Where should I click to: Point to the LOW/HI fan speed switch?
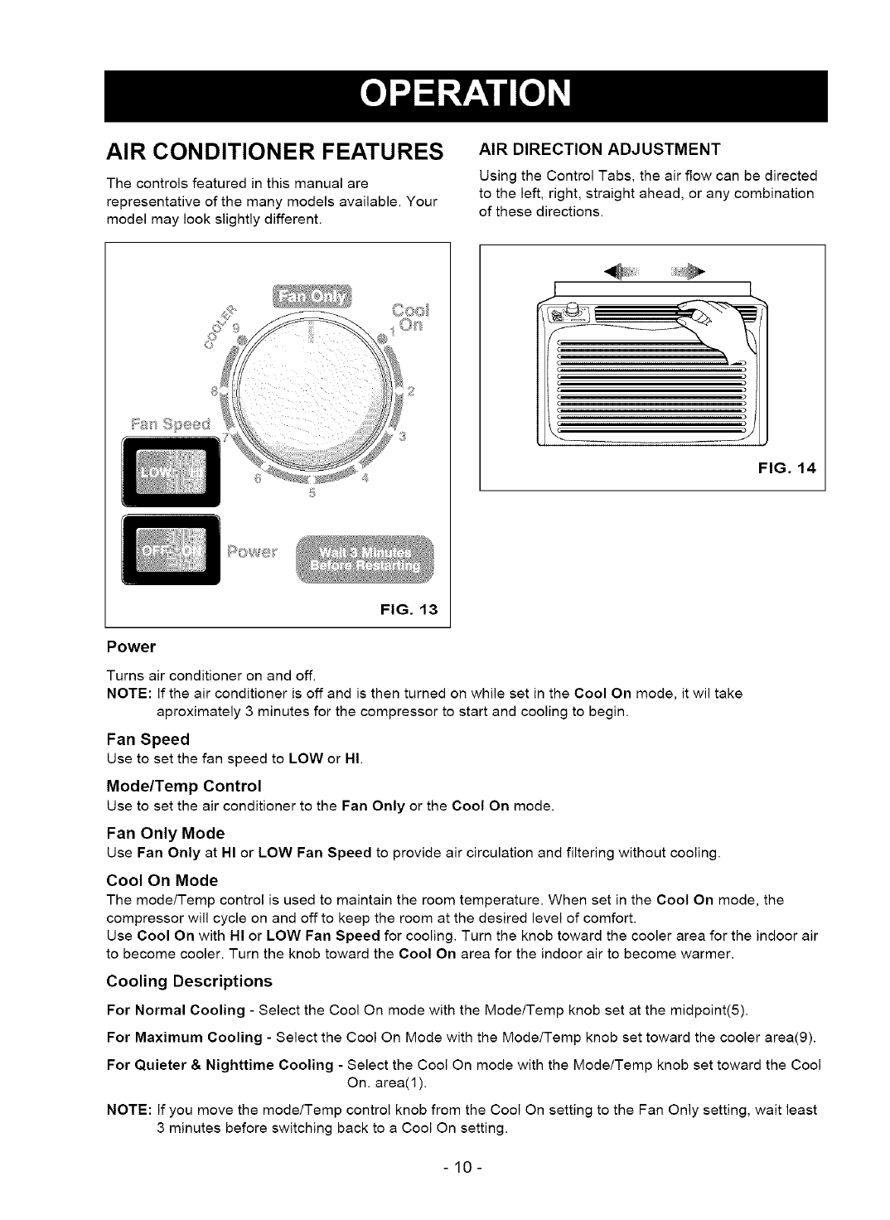[170, 470]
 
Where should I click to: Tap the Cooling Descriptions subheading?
[190, 981]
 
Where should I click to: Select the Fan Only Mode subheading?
[166, 833]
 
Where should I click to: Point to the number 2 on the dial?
[410, 392]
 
